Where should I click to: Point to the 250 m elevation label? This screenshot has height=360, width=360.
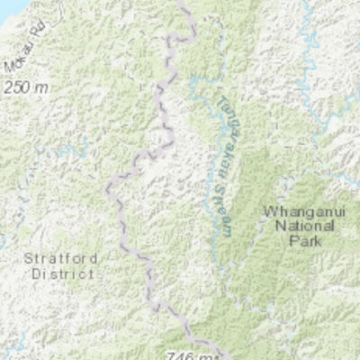point(26,88)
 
